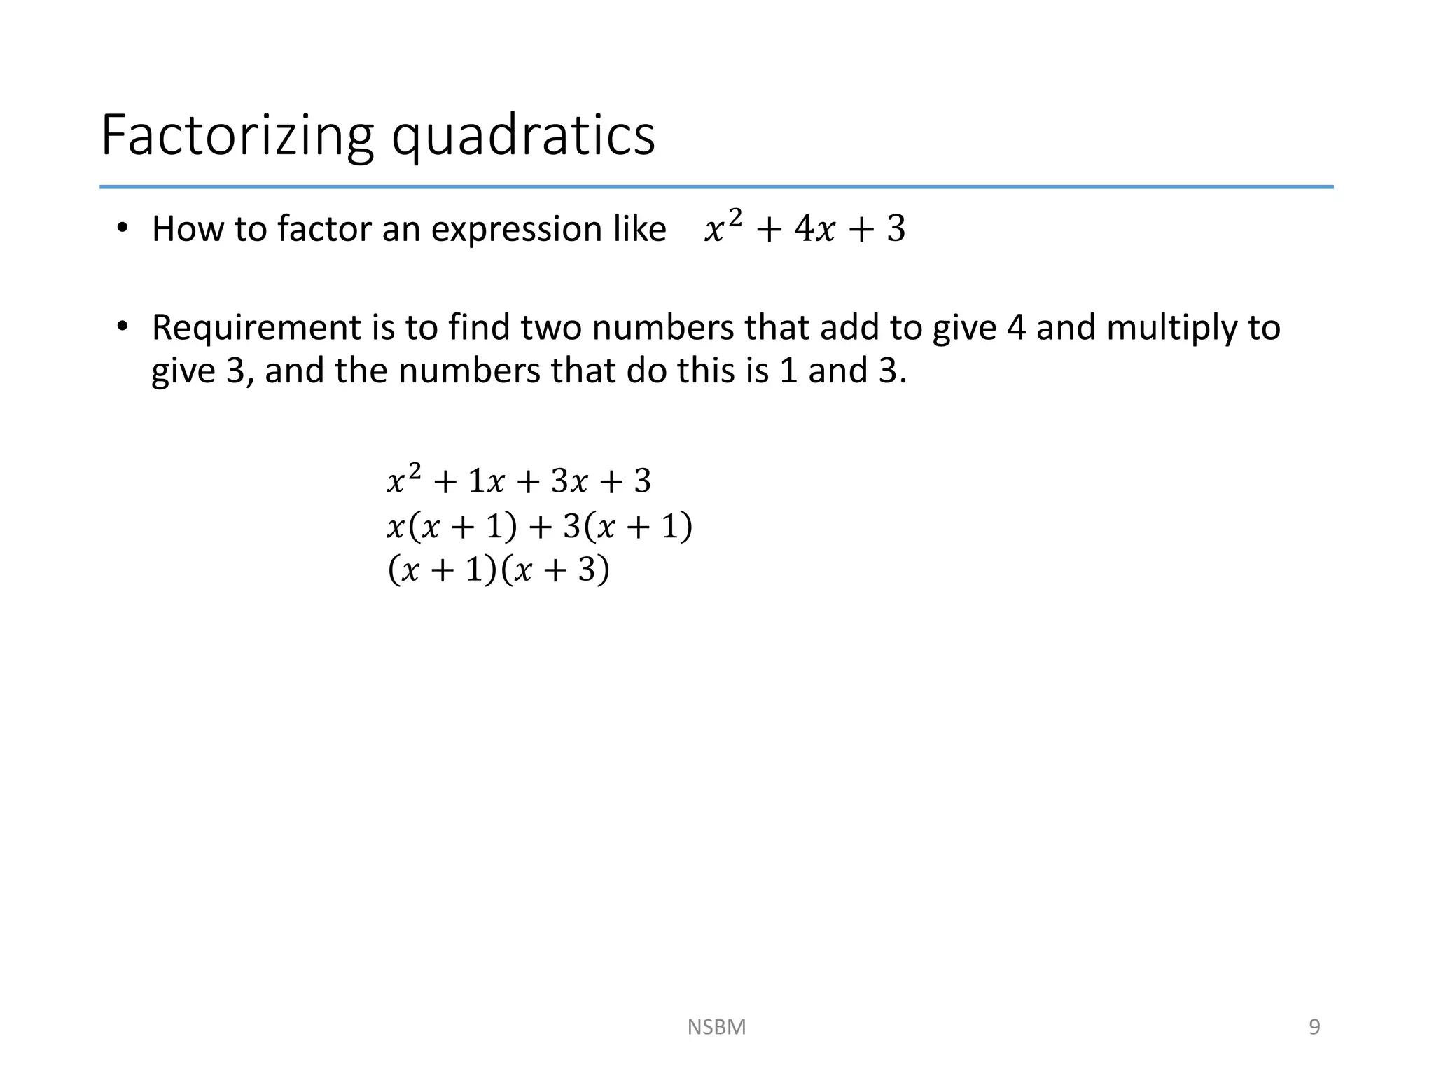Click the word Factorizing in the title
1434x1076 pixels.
pyautogui.click(x=237, y=135)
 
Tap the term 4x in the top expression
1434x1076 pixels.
pyautogui.click(x=814, y=229)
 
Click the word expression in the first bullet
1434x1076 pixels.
pyautogui.click(x=517, y=230)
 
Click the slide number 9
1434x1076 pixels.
pyautogui.click(x=1314, y=1027)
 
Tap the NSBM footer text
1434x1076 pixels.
pyautogui.click(x=716, y=1027)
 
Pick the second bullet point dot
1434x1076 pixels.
pyautogui.click(x=123, y=326)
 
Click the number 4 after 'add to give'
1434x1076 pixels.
pyautogui.click(x=1016, y=328)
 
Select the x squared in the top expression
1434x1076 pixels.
pyautogui.click(x=722, y=228)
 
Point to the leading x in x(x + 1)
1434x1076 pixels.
pyautogui.click(x=396, y=527)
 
